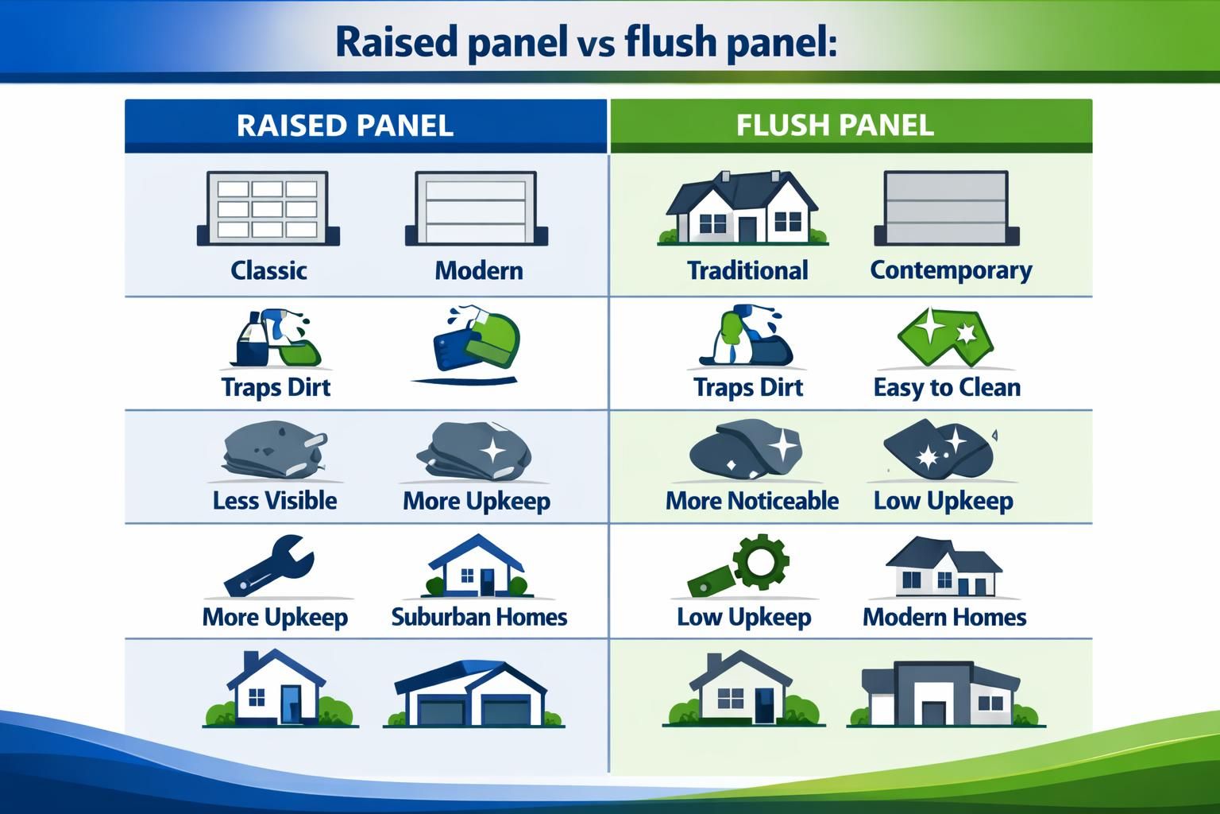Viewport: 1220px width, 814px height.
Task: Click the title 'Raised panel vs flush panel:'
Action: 585,41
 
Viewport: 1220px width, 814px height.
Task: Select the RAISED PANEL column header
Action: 345,126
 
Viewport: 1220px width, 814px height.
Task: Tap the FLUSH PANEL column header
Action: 834,126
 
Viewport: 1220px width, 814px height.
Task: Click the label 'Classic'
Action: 268,270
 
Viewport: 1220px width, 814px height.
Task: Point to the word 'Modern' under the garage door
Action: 478,270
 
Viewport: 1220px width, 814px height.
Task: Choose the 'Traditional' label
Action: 747,270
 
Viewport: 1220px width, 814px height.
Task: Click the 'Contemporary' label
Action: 951,270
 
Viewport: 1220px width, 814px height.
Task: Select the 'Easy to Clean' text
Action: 947,387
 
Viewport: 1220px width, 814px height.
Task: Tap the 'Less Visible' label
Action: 275,500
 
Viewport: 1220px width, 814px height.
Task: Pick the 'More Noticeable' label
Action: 751,500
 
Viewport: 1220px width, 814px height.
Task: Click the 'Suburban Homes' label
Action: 479,617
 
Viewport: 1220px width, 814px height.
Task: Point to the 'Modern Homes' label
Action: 944,617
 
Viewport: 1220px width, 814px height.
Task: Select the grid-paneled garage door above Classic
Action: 268,208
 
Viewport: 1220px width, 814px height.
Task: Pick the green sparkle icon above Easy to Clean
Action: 945,335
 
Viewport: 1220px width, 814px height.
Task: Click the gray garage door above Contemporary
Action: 946,208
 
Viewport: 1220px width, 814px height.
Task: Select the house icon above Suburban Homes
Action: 475,566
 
